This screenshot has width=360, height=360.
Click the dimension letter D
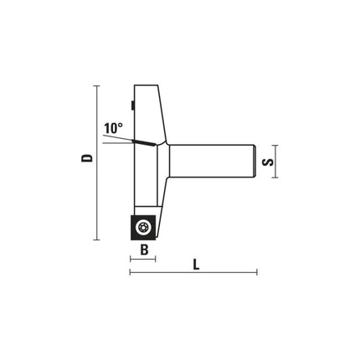coord(87,158)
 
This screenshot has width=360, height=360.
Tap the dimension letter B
coord(144,249)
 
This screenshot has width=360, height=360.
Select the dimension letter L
coord(197,265)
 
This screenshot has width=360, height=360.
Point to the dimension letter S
coord(268,162)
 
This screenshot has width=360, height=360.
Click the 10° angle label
coord(113,128)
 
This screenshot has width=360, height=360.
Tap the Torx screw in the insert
coord(143,228)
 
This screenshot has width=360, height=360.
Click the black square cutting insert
coord(143,228)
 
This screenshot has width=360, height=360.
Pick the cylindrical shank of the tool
coord(212,161)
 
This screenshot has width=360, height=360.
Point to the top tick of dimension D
coord(96,85)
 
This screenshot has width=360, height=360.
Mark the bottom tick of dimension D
coord(96,239)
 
